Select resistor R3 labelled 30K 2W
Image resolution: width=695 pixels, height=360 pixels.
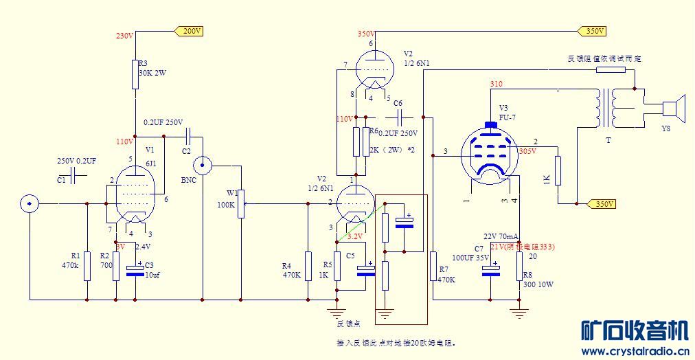coord(135,74)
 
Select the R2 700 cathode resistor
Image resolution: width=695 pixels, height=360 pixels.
coord(116,266)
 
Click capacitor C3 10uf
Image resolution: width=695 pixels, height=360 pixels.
coord(135,269)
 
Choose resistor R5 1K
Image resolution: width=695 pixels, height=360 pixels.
coord(337,266)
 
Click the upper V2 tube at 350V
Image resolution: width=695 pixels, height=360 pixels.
coord(371,70)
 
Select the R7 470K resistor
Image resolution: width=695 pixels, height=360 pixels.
coord(433,267)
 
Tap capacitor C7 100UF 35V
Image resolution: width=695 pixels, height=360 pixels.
coord(490,270)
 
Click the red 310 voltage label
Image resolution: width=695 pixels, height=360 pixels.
coord(497,84)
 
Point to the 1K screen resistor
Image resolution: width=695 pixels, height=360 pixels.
coord(558,171)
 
